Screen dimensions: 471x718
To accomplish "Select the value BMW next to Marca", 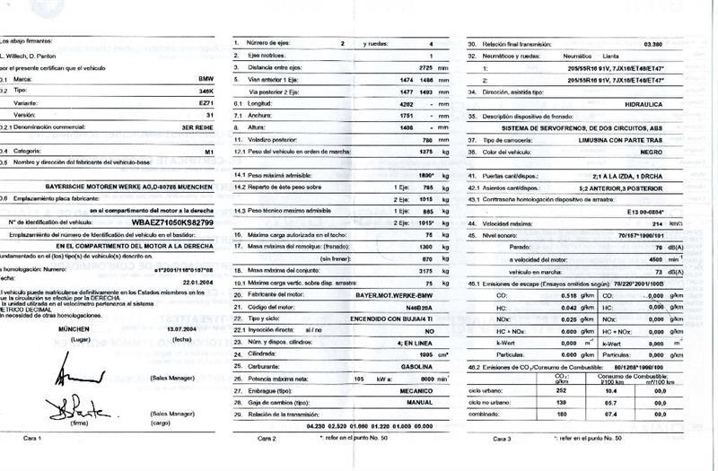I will pyautogui.click(x=206, y=80).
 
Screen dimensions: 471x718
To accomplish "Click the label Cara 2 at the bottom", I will pyautogui.click(x=267, y=438).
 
